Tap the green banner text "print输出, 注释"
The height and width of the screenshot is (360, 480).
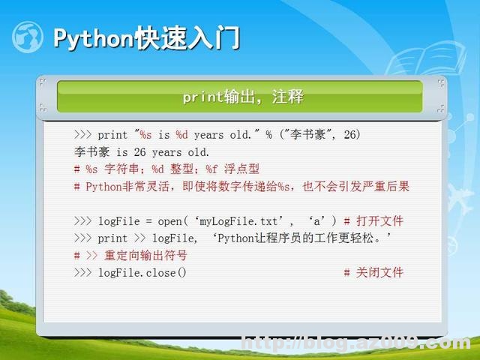point(242,97)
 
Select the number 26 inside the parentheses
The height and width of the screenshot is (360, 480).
point(350,135)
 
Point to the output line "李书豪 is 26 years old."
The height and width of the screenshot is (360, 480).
point(142,152)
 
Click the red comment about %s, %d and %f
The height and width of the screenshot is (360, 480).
point(166,169)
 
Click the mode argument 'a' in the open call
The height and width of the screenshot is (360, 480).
point(319,221)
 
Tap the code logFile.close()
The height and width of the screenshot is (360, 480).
point(142,272)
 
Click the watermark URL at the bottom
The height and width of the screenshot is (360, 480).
point(356,344)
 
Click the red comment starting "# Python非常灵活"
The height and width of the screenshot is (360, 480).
point(241,187)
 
